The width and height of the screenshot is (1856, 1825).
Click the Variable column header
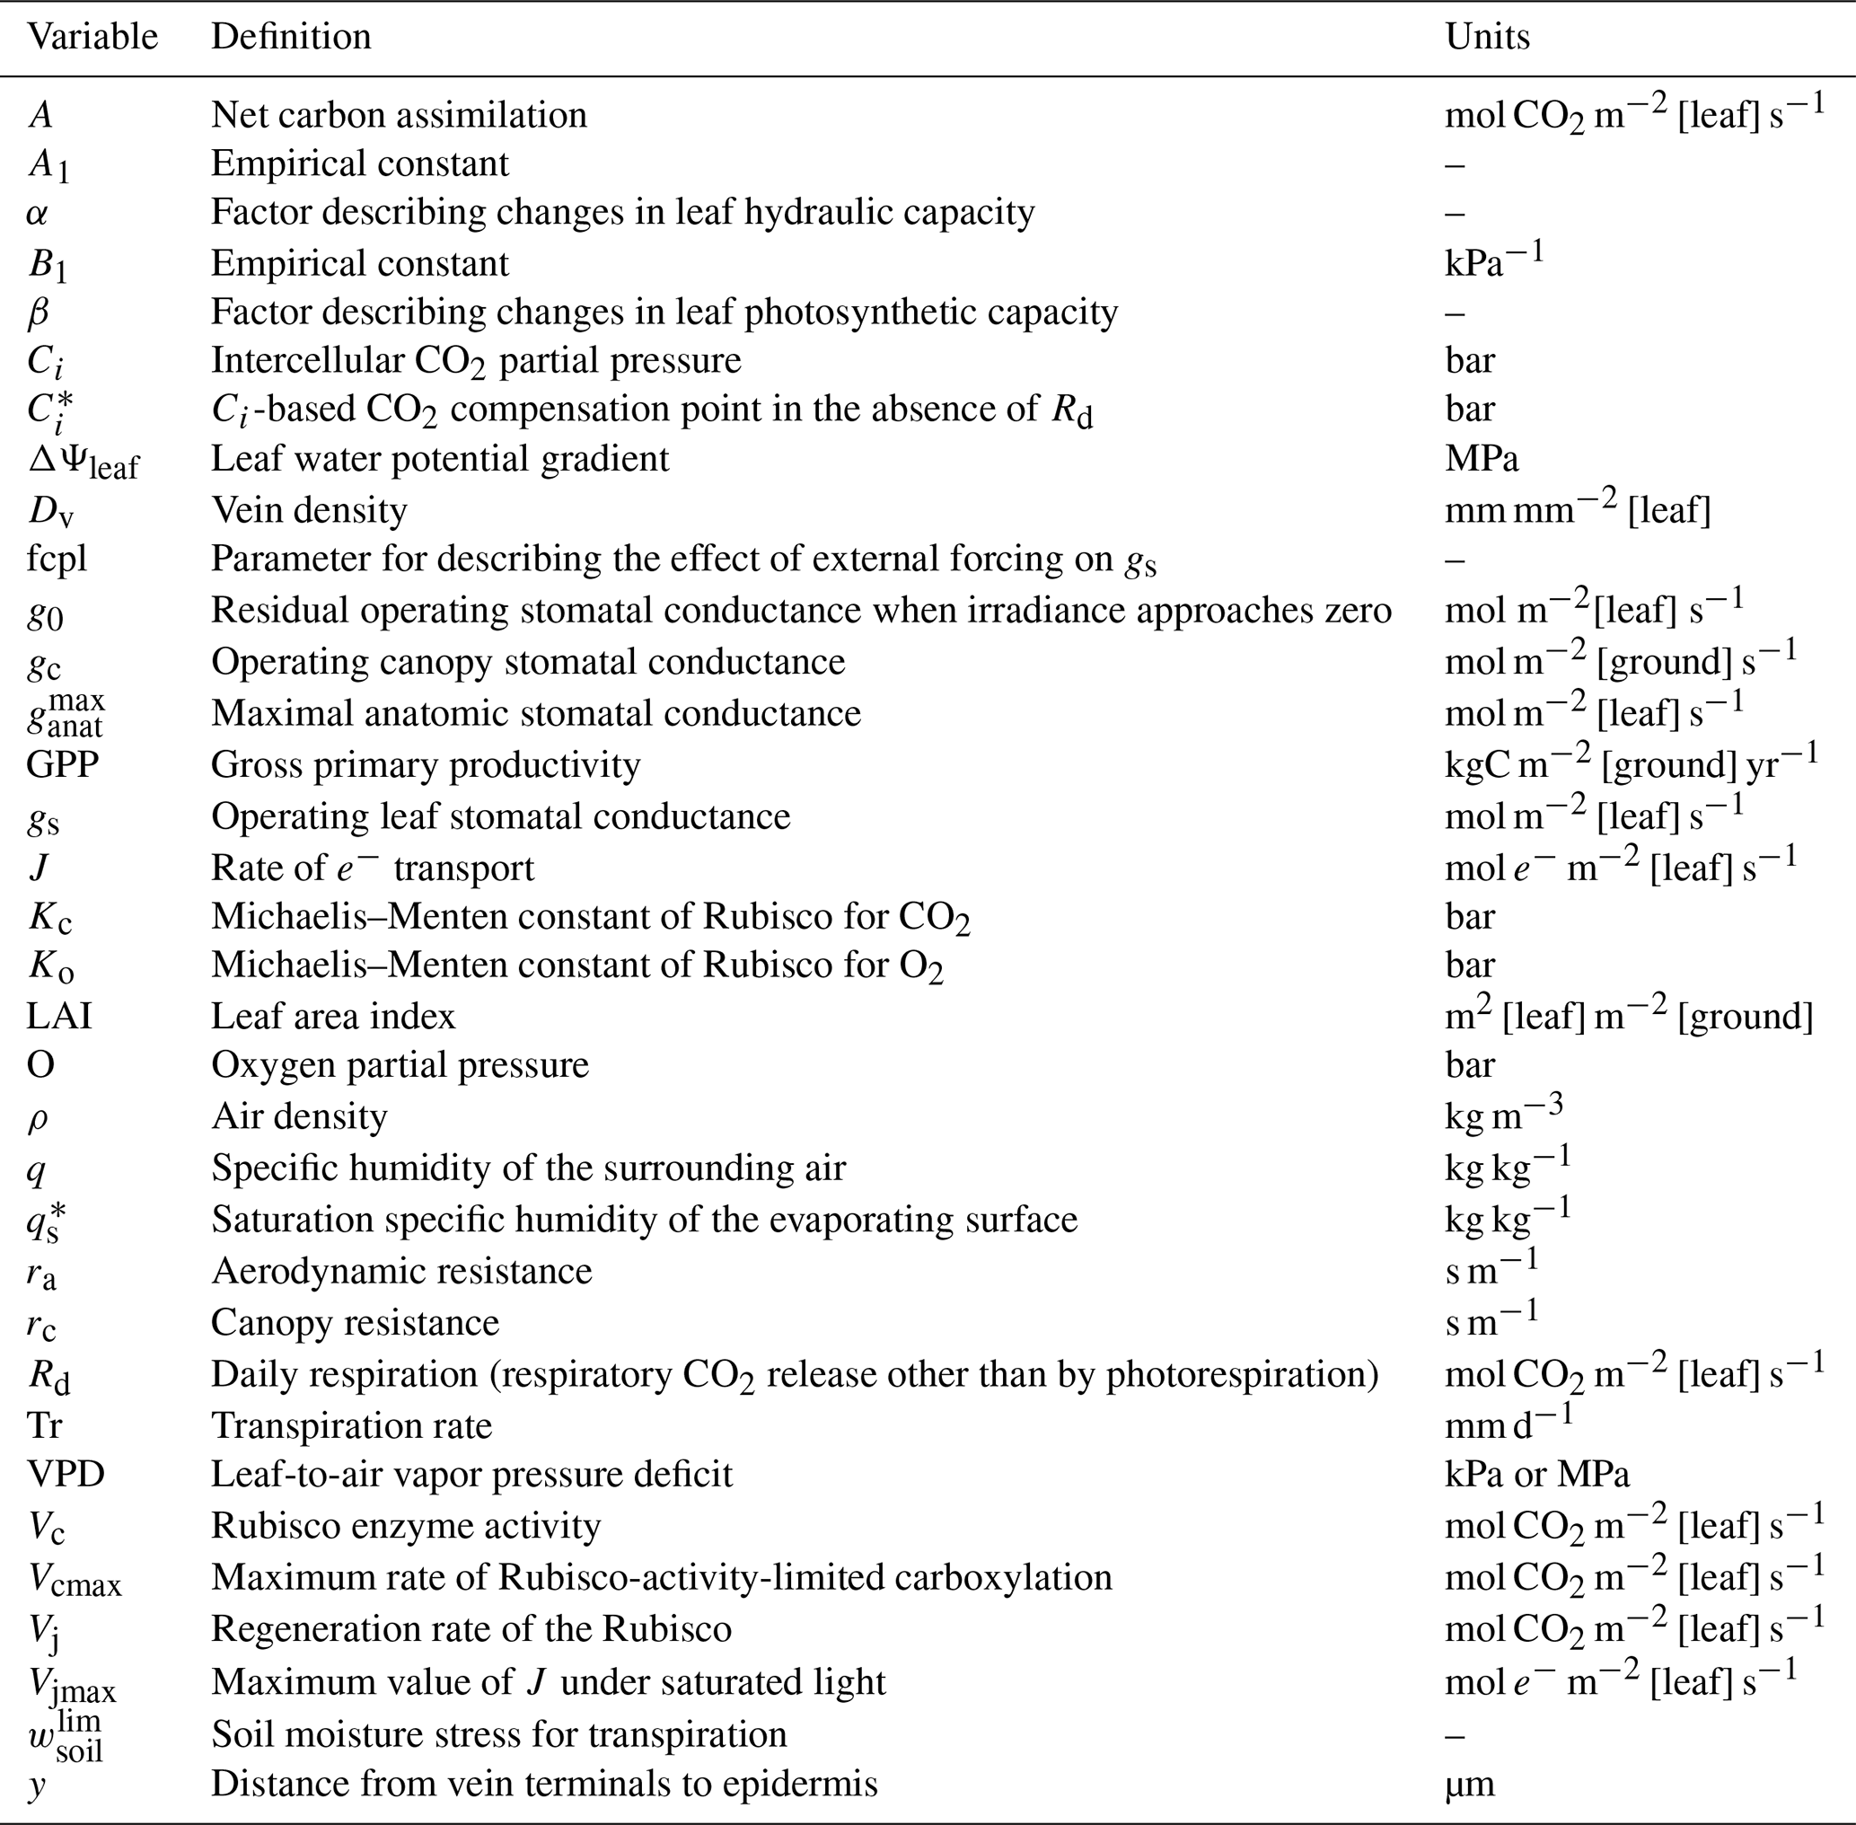coord(92,38)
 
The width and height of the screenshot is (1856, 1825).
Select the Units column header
coord(1487,38)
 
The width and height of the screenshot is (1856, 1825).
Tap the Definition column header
coord(291,38)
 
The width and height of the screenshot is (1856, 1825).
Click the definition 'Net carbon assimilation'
coord(399,115)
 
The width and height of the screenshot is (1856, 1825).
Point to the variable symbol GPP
coord(62,765)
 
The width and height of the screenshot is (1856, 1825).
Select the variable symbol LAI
coord(58,1016)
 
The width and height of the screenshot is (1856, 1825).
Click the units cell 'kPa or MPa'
coord(1537,1474)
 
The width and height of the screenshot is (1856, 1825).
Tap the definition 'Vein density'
coord(310,510)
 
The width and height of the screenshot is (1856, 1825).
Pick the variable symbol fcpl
coord(57,559)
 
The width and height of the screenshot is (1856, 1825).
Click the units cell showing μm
coord(1469,1784)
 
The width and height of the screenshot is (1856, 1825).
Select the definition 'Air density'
coord(299,1116)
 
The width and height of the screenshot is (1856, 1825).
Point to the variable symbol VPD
coord(66,1474)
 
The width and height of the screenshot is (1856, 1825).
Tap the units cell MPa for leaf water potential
coord(1482,459)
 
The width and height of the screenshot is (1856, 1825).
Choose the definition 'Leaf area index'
coord(333,1016)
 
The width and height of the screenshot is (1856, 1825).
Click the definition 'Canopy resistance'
coord(356,1323)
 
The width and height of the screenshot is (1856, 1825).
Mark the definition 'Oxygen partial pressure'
coord(400,1065)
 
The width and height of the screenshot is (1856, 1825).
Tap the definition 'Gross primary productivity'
coord(426,765)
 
